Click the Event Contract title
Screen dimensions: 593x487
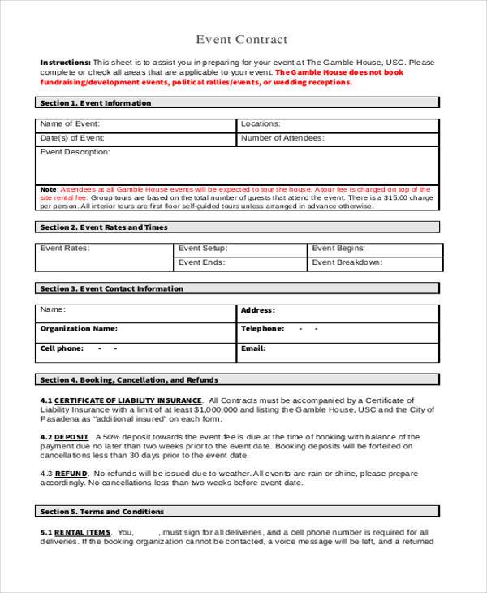(x=242, y=40)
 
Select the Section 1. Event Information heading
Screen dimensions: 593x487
(x=96, y=103)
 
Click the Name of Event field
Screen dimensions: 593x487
(x=136, y=124)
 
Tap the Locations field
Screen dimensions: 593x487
(x=338, y=124)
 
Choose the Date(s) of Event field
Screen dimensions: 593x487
(x=136, y=138)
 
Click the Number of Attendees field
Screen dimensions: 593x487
(x=338, y=138)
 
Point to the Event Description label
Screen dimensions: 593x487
(x=75, y=152)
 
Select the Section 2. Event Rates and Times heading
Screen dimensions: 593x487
(x=104, y=227)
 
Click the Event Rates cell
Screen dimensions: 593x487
(x=104, y=257)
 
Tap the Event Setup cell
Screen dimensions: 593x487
(x=240, y=249)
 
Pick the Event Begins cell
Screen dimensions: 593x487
(x=374, y=249)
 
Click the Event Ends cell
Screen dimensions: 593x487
(x=240, y=262)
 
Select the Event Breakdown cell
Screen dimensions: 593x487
(x=374, y=262)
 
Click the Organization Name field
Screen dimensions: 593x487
(x=136, y=329)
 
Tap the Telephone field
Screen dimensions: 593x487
(x=338, y=329)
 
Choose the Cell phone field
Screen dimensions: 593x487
(x=136, y=348)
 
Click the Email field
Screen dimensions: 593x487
(x=338, y=348)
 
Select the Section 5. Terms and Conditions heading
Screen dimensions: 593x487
(x=102, y=512)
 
